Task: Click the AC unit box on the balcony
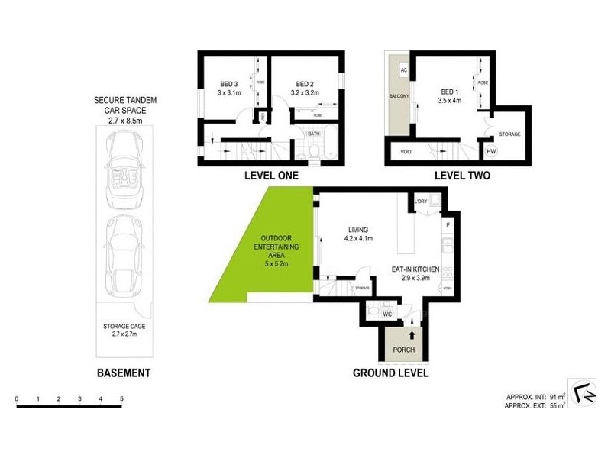point(404,70)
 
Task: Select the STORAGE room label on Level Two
point(509,134)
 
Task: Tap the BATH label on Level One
point(313,134)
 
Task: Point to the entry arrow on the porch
point(413,334)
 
